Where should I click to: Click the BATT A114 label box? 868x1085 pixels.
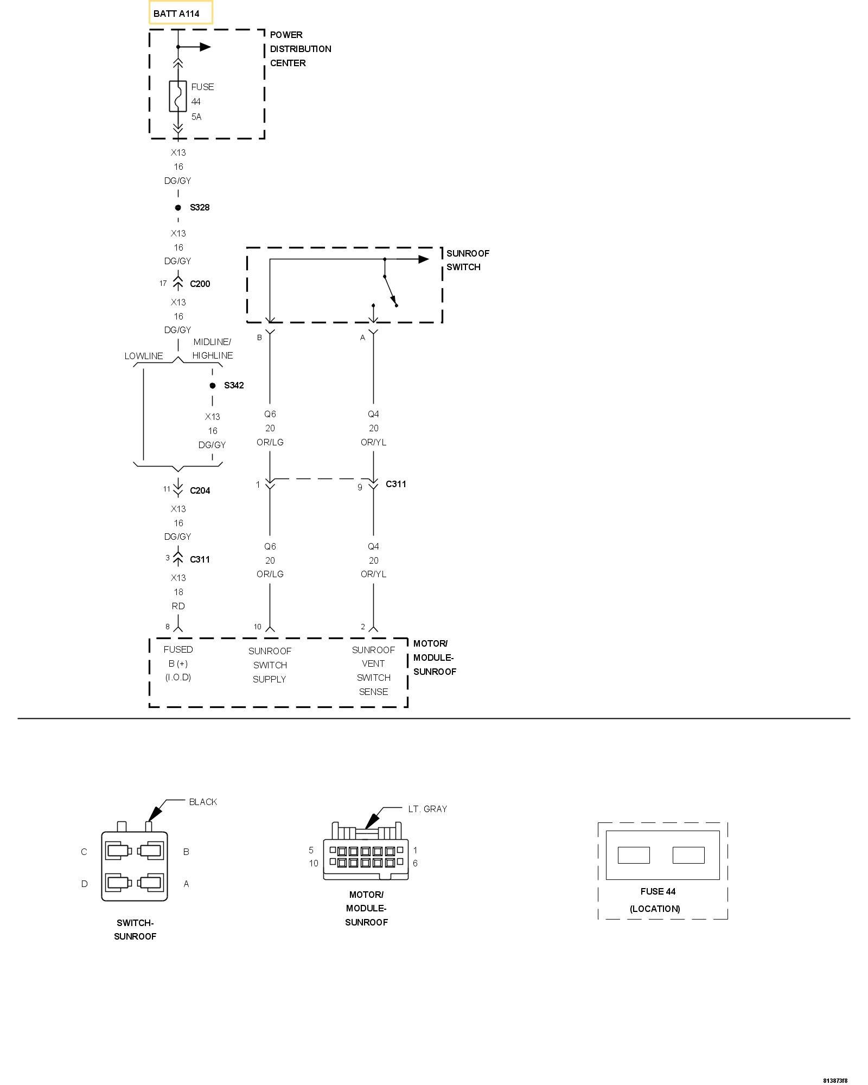[x=181, y=13]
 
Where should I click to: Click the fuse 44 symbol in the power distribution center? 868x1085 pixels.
[x=178, y=97]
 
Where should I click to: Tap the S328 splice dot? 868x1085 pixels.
[x=178, y=208]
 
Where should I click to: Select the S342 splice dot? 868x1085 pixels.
[x=213, y=386]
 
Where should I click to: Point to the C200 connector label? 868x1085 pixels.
[x=200, y=284]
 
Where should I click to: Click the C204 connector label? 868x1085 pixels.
[x=200, y=490]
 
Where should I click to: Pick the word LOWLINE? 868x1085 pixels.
[x=144, y=356]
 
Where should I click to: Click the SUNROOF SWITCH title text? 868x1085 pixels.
[x=468, y=260]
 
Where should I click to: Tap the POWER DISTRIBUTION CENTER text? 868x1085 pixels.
[x=300, y=49]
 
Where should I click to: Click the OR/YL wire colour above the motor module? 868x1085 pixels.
[x=373, y=574]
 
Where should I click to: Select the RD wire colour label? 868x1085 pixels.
[x=178, y=606]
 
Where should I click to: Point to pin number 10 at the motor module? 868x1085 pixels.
[x=258, y=627]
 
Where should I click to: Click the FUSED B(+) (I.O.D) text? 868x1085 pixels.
[x=178, y=663]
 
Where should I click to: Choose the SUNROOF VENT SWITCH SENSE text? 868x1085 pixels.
[x=373, y=671]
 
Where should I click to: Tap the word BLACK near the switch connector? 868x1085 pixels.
[x=203, y=802]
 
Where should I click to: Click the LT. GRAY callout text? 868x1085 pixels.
[x=427, y=809]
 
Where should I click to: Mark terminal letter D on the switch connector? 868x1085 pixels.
[x=84, y=884]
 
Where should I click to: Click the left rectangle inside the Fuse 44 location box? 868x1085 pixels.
[x=634, y=855]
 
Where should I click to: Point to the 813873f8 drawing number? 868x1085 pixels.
[x=835, y=1080]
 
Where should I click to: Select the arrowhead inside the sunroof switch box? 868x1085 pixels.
[x=423, y=259]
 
